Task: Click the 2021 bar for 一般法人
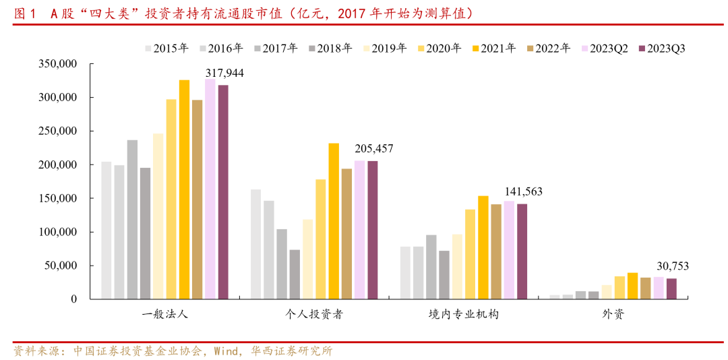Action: (x=184, y=189)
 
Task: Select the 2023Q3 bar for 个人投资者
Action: (x=373, y=230)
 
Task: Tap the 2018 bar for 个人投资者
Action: (x=295, y=274)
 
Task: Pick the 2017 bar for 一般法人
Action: (x=132, y=219)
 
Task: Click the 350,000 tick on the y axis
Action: (x=59, y=64)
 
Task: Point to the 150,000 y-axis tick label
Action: (x=59, y=198)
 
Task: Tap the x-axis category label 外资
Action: (x=613, y=315)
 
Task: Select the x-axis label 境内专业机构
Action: (x=464, y=315)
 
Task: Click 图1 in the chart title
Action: (x=26, y=13)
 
